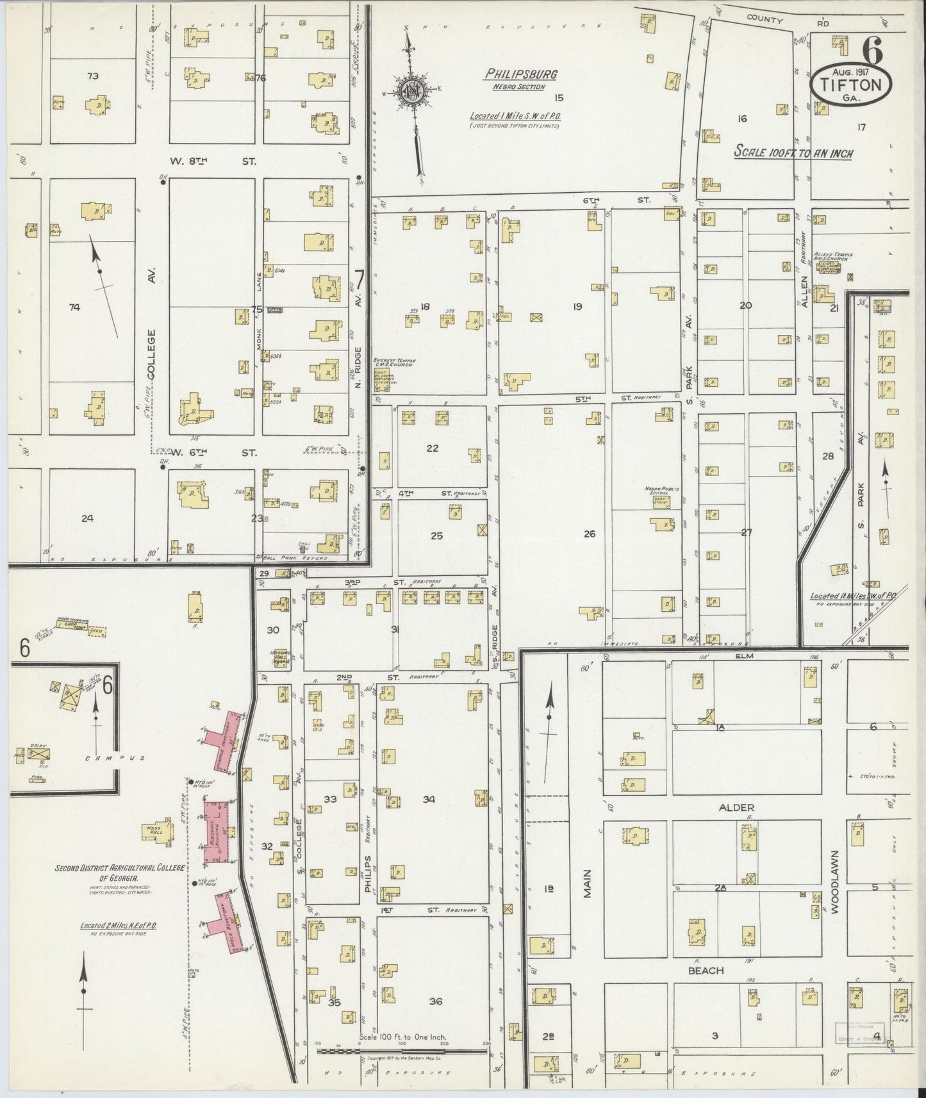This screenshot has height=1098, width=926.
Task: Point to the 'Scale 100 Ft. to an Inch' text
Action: [793, 153]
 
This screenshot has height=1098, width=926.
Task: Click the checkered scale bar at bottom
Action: [402, 1051]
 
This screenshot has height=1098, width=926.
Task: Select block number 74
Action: [74, 307]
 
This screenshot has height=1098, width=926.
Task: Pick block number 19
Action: [577, 307]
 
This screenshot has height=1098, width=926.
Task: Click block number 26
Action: [589, 533]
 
